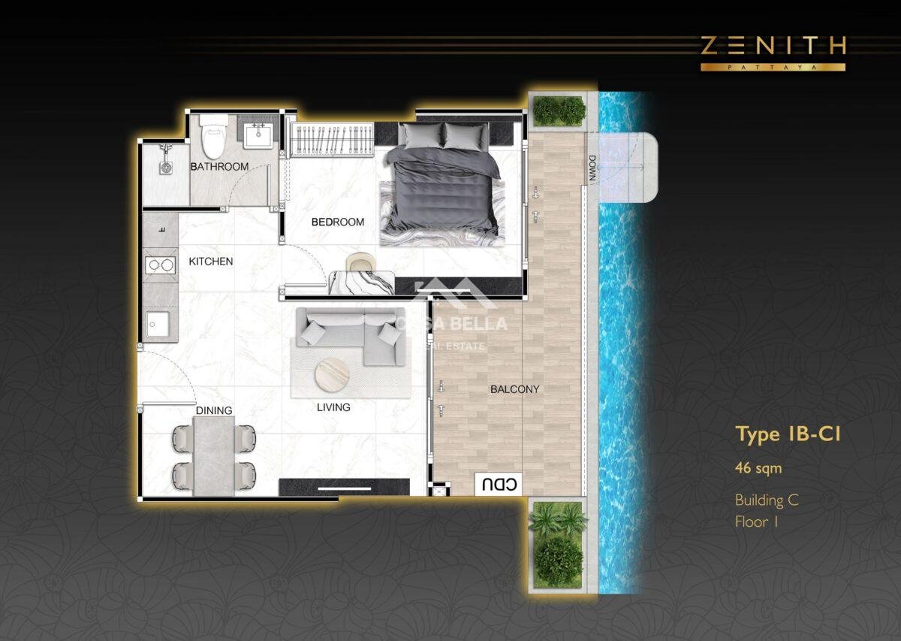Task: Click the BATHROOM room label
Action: (219, 166)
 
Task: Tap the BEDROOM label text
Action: (338, 222)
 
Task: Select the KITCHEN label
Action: (211, 262)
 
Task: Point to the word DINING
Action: (214, 410)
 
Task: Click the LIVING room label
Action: (333, 407)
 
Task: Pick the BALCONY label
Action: (515, 389)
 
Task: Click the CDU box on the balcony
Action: (499, 484)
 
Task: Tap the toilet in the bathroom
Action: (213, 137)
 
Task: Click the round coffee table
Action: (332, 375)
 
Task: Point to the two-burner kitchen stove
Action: (161, 265)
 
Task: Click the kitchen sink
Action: (158, 324)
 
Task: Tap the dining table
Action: (214, 456)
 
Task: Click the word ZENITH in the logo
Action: (773, 46)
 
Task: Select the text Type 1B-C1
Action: (788, 434)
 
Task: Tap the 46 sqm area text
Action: (758, 468)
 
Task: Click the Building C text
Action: (767, 500)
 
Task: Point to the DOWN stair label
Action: (592, 168)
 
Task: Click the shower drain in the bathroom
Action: (166, 168)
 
